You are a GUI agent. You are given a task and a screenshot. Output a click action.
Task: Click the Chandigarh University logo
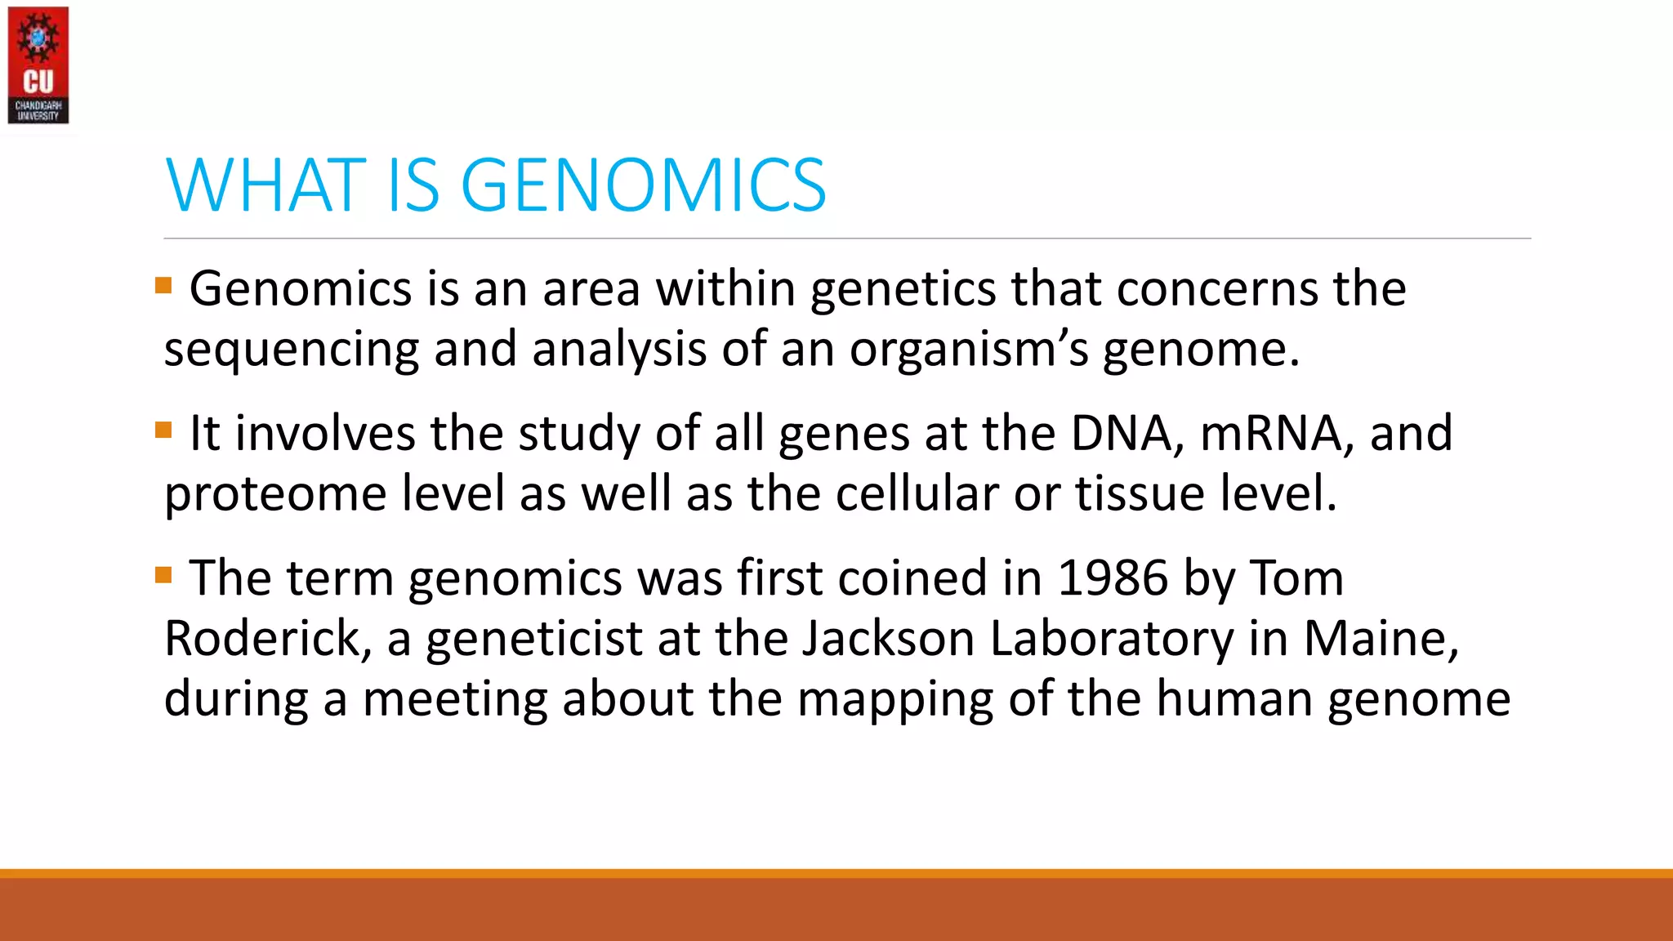(x=38, y=65)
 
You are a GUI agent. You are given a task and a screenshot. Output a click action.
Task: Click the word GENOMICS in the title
(x=644, y=185)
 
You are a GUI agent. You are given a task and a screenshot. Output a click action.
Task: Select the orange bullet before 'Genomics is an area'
(x=163, y=285)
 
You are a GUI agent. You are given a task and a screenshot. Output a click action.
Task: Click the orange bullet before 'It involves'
(x=163, y=430)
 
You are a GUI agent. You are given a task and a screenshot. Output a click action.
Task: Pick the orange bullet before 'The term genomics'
(x=163, y=575)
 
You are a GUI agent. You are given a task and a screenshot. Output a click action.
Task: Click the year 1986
(x=1113, y=578)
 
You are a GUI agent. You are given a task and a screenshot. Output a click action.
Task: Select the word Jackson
(x=888, y=639)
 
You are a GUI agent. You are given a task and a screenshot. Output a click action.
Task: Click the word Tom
(x=1296, y=578)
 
